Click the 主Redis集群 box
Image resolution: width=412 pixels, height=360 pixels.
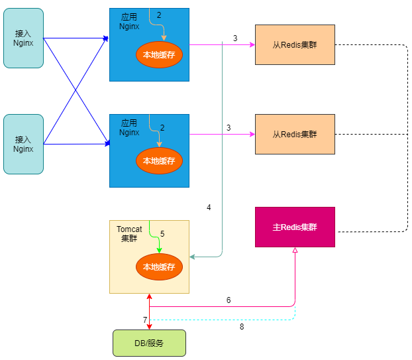(x=295, y=227)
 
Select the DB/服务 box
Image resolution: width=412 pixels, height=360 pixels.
(x=149, y=343)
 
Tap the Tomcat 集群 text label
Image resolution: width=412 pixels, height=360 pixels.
(x=129, y=234)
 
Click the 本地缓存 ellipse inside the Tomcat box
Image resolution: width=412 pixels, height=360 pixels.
(x=159, y=267)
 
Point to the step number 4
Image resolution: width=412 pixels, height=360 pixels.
(x=209, y=208)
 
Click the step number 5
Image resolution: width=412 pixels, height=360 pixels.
(x=162, y=234)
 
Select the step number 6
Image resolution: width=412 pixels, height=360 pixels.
(x=229, y=300)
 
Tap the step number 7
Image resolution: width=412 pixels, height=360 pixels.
(x=145, y=320)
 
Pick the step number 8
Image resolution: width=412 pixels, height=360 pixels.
(x=242, y=326)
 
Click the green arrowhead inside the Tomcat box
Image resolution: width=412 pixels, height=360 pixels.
(x=159, y=250)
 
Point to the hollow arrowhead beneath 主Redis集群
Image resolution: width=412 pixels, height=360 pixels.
(x=295, y=251)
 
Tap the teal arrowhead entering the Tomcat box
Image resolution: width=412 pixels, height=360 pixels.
(x=193, y=256)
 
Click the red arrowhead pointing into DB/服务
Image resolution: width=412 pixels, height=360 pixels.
(x=150, y=326)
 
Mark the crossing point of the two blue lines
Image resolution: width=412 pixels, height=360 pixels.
(x=76, y=91)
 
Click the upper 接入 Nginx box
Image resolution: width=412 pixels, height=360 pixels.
(x=23, y=38)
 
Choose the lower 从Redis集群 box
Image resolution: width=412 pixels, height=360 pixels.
(x=295, y=134)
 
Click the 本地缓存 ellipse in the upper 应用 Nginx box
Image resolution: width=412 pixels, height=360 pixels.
(x=159, y=55)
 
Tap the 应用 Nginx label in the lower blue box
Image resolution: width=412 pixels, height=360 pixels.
(x=129, y=128)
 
